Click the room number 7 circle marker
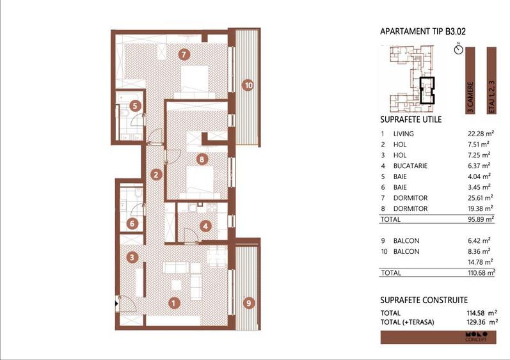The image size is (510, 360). pyautogui.click(x=184, y=54)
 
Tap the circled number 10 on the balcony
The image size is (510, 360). pyautogui.click(x=248, y=84)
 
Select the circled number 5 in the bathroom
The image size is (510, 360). pyautogui.click(x=134, y=107)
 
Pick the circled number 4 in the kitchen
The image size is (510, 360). pyautogui.click(x=205, y=225)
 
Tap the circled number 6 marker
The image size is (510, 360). pyautogui.click(x=132, y=224)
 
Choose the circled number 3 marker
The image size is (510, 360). pyautogui.click(x=132, y=258)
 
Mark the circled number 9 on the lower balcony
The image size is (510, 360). pyautogui.click(x=248, y=303)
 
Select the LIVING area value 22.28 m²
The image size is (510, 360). pyautogui.click(x=480, y=134)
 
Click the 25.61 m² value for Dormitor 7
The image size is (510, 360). pyautogui.click(x=480, y=198)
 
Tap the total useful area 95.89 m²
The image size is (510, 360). pyautogui.click(x=480, y=219)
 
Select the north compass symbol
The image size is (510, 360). pyautogui.click(x=458, y=49)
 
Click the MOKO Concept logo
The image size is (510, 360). pyautogui.click(x=476, y=336)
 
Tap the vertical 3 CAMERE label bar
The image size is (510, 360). pyautogui.click(x=470, y=80)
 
